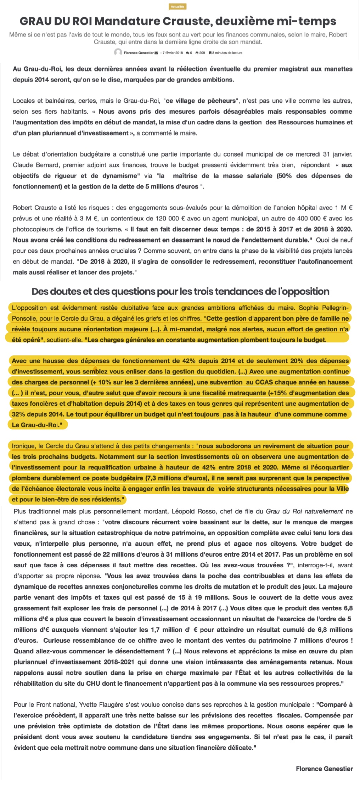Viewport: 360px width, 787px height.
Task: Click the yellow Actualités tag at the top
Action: (178, 6)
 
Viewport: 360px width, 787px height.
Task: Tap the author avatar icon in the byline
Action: (118, 52)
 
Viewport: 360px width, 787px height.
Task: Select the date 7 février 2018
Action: (173, 53)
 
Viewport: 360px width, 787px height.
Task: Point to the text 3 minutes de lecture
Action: (227, 53)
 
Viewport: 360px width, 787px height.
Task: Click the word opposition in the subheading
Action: (306, 291)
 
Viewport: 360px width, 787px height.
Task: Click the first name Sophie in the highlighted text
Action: (309, 308)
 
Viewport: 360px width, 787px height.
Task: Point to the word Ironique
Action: (23, 446)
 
